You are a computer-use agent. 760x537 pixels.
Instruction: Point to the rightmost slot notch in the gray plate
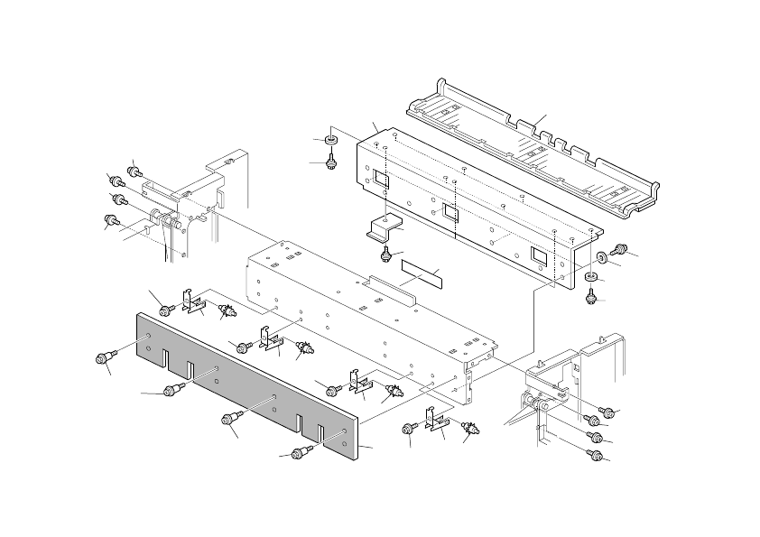point(317,431)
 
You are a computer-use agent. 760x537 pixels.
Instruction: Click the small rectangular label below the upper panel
point(423,272)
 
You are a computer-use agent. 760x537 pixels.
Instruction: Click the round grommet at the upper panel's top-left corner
point(331,140)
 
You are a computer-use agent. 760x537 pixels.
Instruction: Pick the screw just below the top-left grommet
point(332,162)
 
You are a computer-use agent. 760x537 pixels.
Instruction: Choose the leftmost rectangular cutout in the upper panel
point(380,181)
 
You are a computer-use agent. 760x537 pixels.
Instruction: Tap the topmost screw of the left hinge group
point(135,170)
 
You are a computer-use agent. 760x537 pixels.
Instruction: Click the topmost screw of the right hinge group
point(608,412)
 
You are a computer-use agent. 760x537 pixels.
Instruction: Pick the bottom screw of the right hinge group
point(596,456)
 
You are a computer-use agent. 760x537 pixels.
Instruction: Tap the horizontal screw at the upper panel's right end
point(619,249)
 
